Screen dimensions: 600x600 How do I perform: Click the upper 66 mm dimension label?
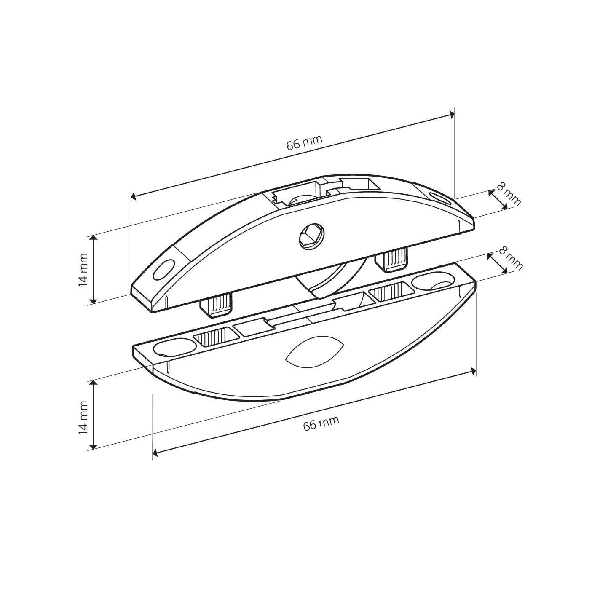(304, 142)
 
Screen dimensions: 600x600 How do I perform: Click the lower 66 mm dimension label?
(321, 423)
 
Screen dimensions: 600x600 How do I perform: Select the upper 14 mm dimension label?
(83, 270)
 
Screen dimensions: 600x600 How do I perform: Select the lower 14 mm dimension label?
(83, 418)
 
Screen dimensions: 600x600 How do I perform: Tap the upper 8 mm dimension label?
(509, 194)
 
